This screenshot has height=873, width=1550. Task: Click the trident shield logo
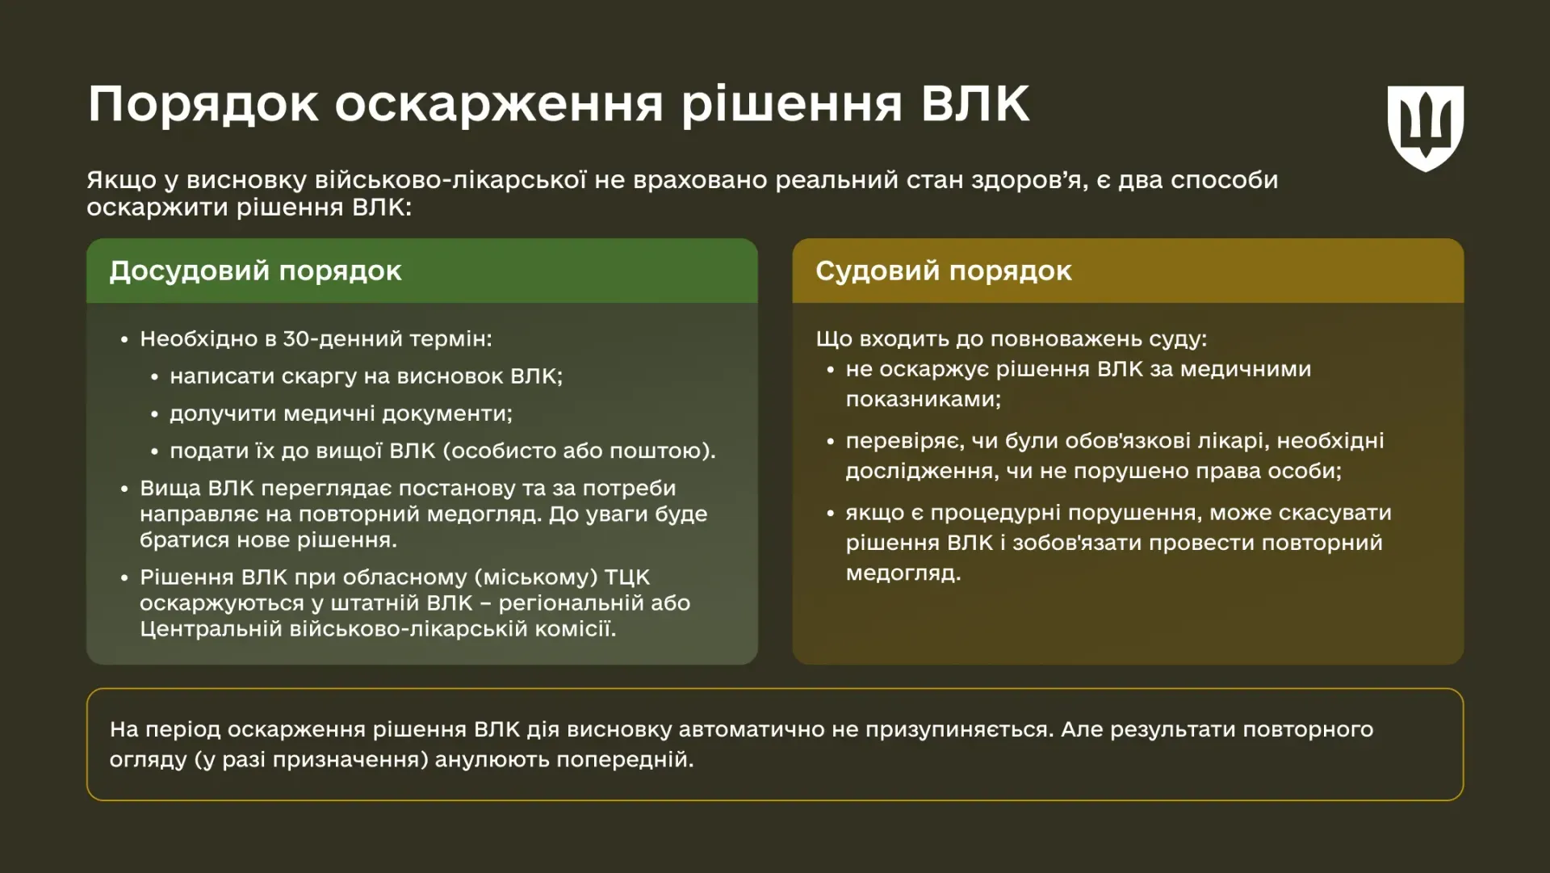coord(1425,128)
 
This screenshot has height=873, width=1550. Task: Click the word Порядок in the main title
coord(203,105)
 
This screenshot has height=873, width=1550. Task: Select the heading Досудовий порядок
coord(255,271)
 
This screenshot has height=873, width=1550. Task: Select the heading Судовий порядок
coord(943,271)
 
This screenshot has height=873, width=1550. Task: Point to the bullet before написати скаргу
coord(155,377)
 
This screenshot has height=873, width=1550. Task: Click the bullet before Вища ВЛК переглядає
coord(124,489)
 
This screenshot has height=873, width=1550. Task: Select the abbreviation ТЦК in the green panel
coord(626,578)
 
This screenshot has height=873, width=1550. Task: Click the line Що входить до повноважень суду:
coord(1011,339)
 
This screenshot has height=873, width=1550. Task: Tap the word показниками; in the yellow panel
coord(923,400)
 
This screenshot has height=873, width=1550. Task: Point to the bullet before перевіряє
coord(830,442)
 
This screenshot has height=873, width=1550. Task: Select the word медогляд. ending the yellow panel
coord(903,573)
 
